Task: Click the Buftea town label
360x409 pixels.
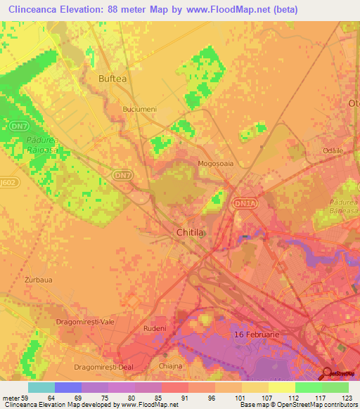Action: tap(113, 79)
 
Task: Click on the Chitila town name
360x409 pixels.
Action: tap(190, 231)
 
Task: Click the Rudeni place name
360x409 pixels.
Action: tap(154, 328)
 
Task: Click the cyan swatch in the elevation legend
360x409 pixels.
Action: tap(41, 387)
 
